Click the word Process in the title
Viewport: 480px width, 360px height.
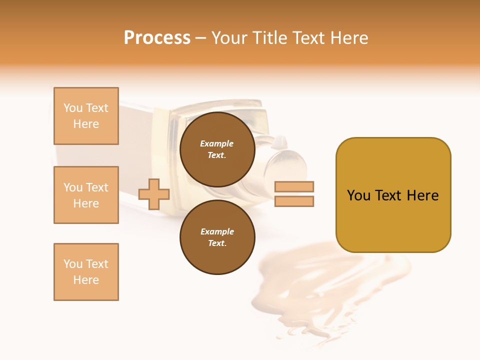[x=157, y=38]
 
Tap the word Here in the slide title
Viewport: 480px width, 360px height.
[x=348, y=38]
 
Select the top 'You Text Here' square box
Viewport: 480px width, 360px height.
[x=86, y=116]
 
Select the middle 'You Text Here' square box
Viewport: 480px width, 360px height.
[x=86, y=195]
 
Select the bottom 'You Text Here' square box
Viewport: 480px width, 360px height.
[x=86, y=272]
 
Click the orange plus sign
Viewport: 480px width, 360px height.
[x=154, y=194]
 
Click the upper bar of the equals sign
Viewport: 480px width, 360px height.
[x=294, y=187]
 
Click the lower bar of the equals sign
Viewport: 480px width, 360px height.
[x=294, y=201]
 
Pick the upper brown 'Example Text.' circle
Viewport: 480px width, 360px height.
[x=217, y=149]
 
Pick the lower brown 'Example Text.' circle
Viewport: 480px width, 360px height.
[x=217, y=237]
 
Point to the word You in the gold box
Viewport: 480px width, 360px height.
[x=358, y=195]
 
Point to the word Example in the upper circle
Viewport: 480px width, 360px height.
[x=217, y=144]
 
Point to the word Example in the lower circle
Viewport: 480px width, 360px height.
[x=217, y=232]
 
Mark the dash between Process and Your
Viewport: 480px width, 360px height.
[x=200, y=38]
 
